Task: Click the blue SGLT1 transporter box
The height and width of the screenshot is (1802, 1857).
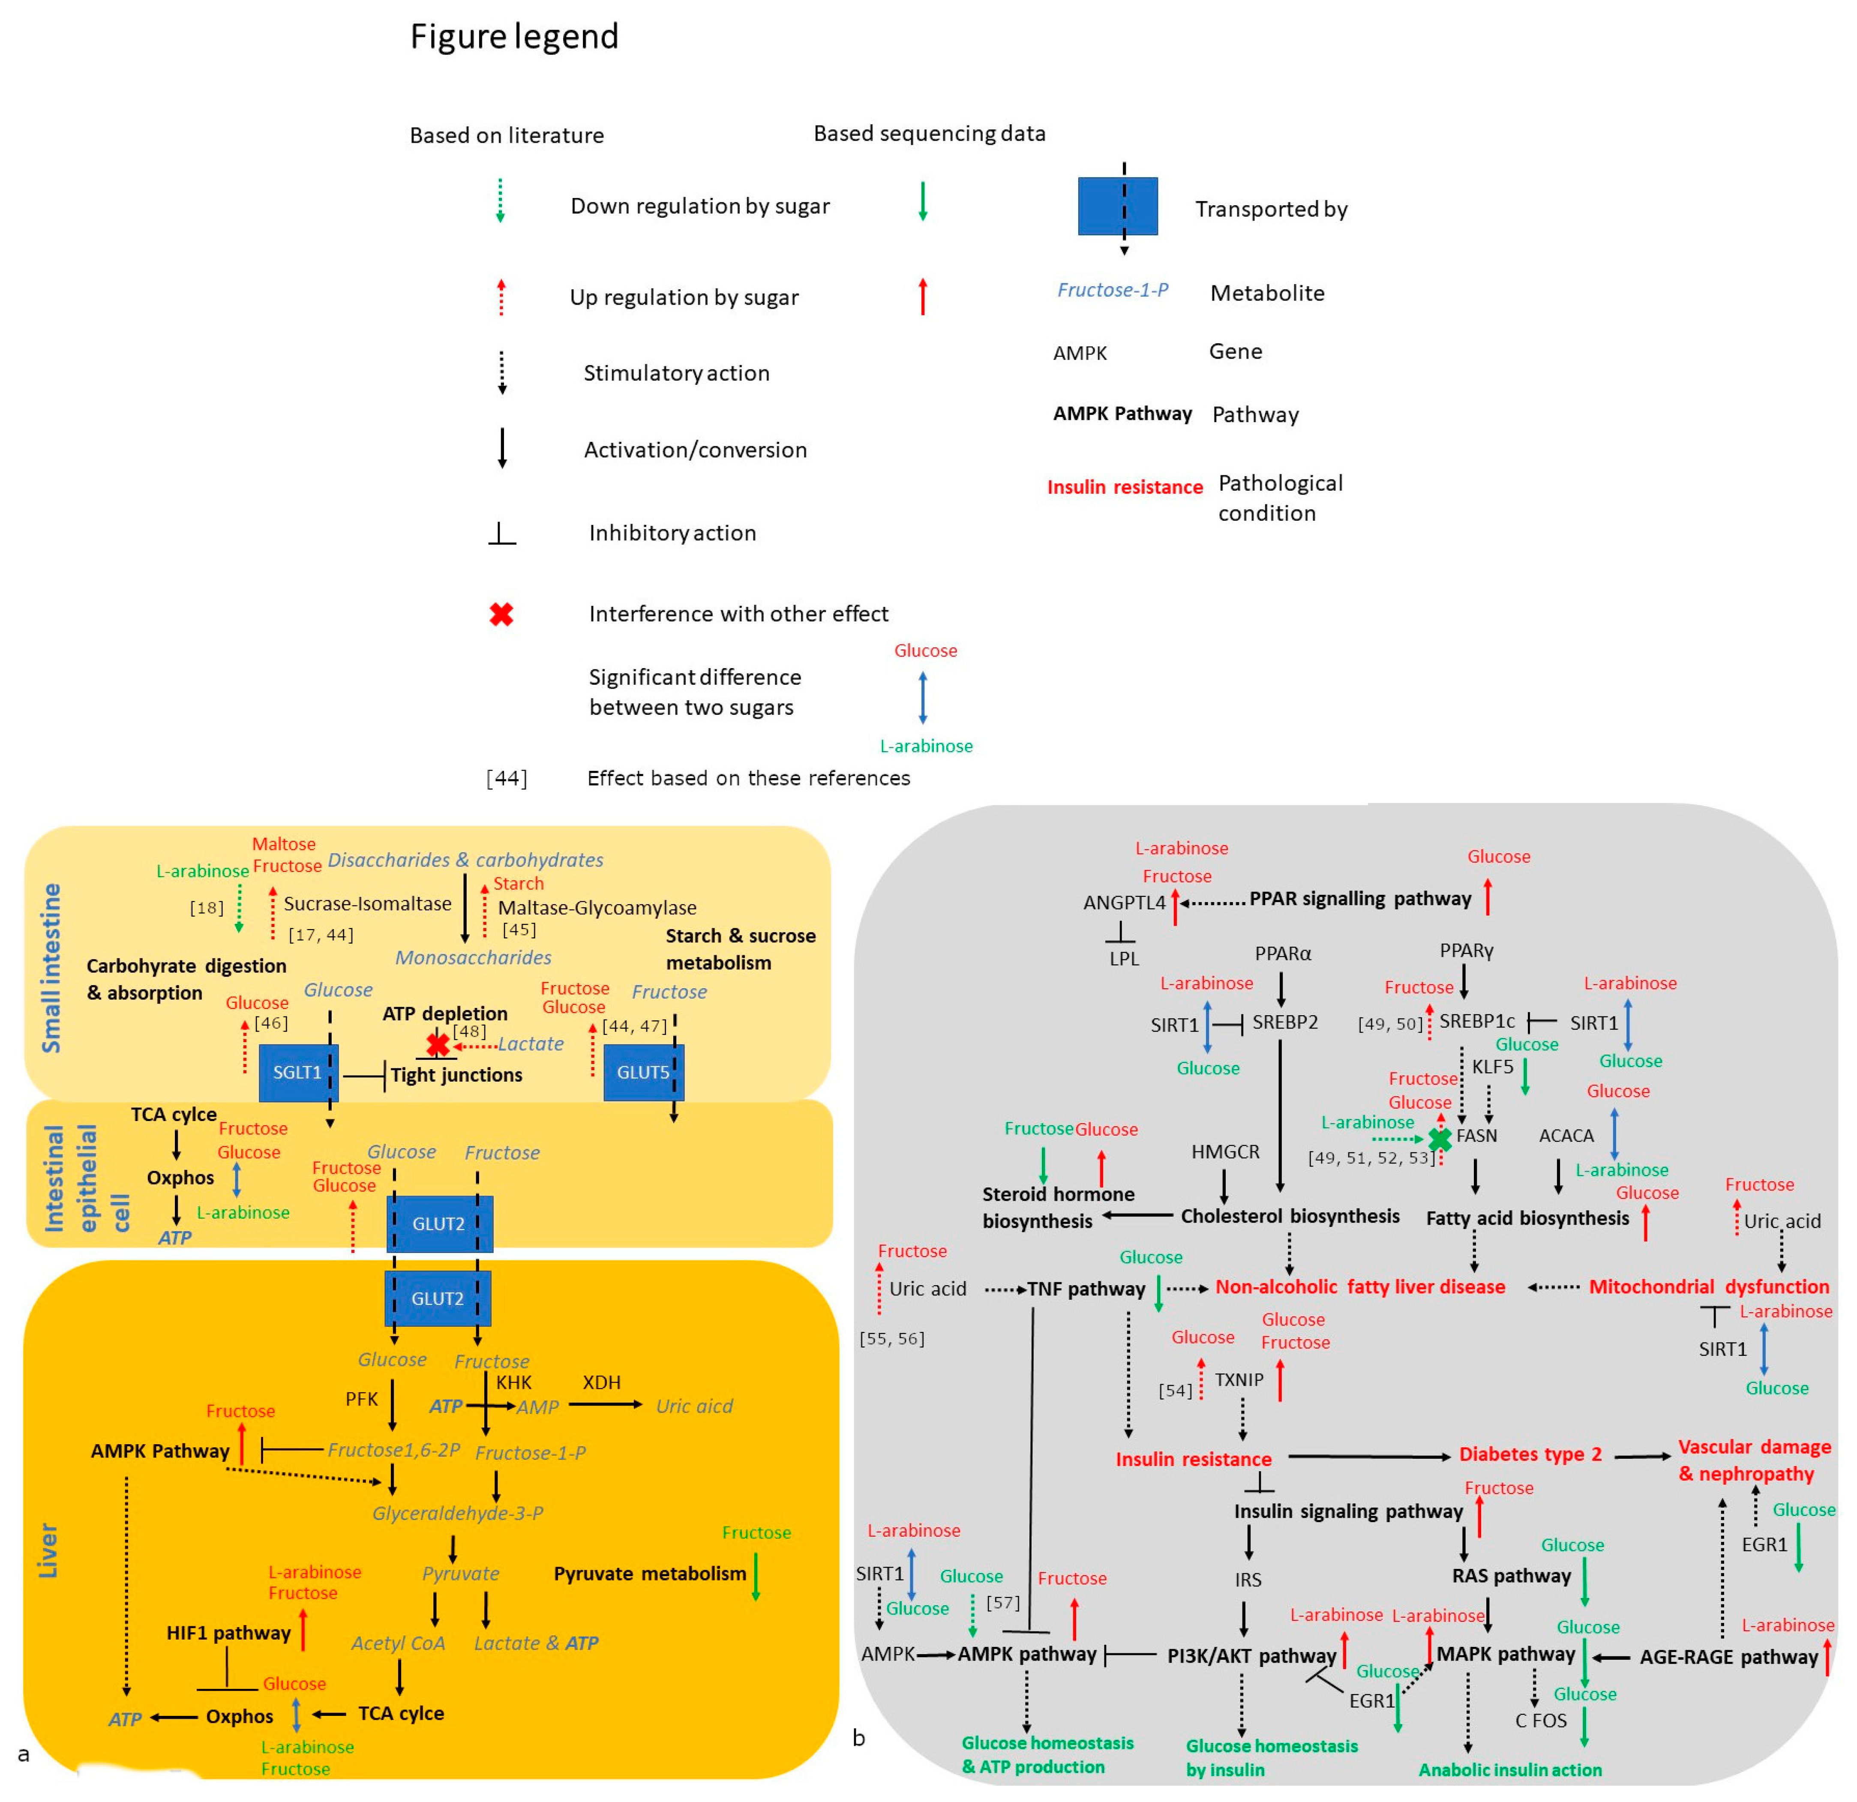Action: click(x=297, y=1073)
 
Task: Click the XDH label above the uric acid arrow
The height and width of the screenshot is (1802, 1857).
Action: click(x=602, y=1382)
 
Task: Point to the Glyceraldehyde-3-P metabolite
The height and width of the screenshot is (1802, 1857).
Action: click(x=458, y=1513)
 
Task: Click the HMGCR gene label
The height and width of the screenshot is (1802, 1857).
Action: click(x=1225, y=1152)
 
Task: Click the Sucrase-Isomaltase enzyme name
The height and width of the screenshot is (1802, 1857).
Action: click(x=368, y=904)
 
